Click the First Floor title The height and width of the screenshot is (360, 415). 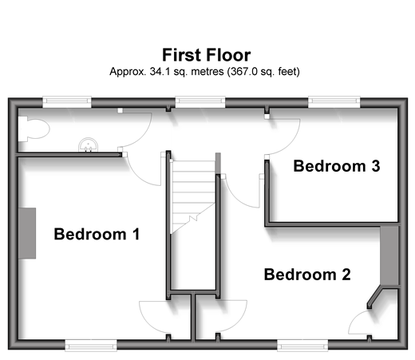click(207, 55)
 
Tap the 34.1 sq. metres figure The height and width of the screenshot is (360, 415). click(187, 72)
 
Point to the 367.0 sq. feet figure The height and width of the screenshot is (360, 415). click(263, 72)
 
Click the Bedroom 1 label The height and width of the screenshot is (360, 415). click(97, 234)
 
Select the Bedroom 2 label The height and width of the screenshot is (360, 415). click(307, 275)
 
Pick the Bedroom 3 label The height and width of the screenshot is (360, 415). click(337, 166)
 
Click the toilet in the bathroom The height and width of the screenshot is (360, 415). click(34, 129)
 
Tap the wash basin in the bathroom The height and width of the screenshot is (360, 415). click(88, 144)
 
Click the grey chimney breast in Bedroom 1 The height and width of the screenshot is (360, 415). click(27, 233)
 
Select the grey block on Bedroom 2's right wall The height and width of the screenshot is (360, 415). click(389, 255)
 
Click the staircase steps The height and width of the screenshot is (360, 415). click(192, 197)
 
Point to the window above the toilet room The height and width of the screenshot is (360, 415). click(67, 101)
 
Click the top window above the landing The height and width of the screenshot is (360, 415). click(200, 101)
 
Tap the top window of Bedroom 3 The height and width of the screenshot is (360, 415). click(334, 101)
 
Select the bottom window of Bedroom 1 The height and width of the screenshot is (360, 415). click(91, 346)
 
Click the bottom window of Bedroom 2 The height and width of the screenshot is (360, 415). click(302, 346)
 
